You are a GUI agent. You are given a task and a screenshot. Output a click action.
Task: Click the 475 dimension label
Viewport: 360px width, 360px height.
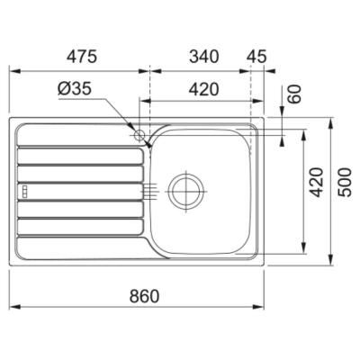(82, 57)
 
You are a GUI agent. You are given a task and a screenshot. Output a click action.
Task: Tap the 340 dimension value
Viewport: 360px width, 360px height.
(204, 57)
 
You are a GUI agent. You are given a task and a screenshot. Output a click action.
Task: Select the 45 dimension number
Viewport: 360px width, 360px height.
(256, 57)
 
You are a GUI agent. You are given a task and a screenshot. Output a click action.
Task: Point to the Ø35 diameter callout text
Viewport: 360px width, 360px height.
(74, 89)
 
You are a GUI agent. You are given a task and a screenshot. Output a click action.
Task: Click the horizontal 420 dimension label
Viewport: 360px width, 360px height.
(204, 89)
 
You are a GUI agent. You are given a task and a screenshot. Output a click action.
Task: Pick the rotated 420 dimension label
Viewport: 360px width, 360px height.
(317, 183)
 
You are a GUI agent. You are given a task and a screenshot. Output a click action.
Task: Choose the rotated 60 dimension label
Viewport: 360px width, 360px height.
(295, 94)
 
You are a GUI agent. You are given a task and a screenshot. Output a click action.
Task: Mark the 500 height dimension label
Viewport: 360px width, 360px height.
(344, 183)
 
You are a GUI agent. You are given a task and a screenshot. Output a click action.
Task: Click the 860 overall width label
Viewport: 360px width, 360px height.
(144, 296)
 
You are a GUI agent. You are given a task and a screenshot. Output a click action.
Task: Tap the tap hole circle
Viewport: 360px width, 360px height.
(139, 136)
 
